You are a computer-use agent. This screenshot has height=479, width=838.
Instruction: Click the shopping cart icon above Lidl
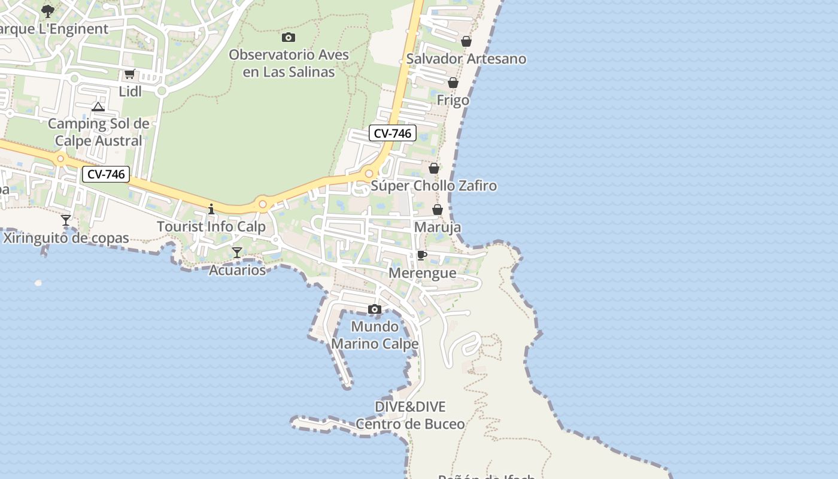tap(129, 74)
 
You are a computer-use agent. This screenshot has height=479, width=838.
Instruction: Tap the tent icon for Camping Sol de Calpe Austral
tap(98, 107)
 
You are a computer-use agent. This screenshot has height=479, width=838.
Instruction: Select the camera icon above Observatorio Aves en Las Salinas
tap(289, 37)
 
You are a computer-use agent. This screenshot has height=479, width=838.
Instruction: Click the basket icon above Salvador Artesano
tap(466, 41)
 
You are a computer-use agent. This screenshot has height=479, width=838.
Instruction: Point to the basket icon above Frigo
tap(453, 83)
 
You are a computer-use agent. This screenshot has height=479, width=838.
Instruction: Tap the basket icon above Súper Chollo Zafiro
tap(434, 168)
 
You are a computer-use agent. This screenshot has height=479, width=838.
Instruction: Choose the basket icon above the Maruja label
tap(438, 210)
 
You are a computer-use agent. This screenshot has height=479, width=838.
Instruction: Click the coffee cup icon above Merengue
tap(422, 255)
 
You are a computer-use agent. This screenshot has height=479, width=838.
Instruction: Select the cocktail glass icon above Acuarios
tap(237, 253)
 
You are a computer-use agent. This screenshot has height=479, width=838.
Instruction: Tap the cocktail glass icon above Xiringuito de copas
tap(66, 220)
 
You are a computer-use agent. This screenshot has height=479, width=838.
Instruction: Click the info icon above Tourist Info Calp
tap(211, 209)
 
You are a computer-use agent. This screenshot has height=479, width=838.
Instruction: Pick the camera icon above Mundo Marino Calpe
tap(375, 309)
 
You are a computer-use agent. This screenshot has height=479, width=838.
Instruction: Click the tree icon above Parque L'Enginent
tap(48, 11)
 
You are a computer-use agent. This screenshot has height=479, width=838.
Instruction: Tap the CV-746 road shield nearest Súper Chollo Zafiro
tap(392, 133)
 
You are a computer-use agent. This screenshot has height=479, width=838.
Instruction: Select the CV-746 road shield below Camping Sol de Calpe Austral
tap(106, 174)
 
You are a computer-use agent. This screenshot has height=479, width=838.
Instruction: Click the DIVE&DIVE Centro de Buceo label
tap(410, 416)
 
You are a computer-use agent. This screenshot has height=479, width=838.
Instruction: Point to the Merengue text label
tap(422, 273)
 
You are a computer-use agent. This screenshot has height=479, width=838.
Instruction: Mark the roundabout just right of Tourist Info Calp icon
tap(262, 204)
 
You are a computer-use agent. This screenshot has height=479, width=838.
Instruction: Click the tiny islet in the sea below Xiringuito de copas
tap(39, 283)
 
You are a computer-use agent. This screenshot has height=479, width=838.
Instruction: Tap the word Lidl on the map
tap(130, 92)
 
